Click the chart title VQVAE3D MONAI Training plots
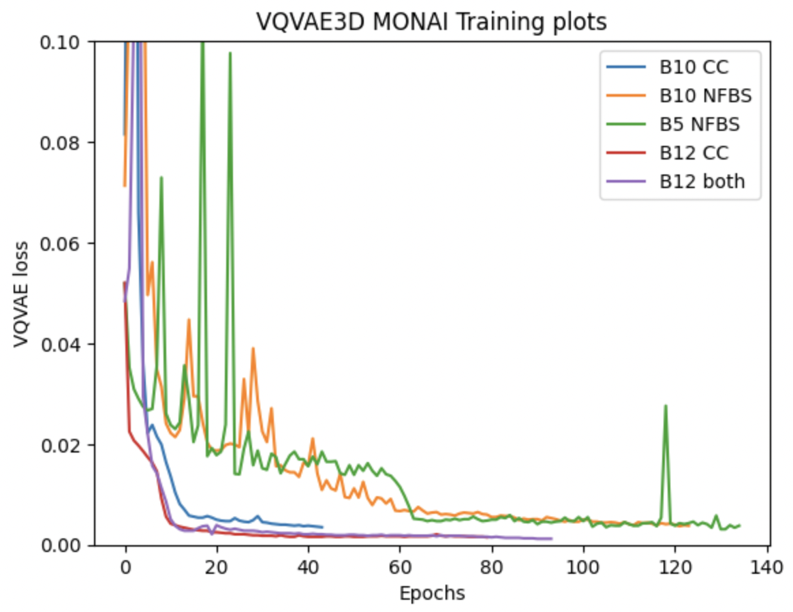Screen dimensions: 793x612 [x=431, y=22]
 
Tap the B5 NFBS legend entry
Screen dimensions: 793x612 [x=673, y=125]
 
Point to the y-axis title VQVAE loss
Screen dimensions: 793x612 [x=20, y=293]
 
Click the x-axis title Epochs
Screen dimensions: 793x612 [x=432, y=594]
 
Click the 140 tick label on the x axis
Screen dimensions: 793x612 [x=766, y=568]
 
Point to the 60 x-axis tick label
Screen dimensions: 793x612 [x=400, y=568]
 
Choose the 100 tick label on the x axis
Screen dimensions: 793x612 [x=583, y=568]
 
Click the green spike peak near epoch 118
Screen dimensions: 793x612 [x=666, y=405]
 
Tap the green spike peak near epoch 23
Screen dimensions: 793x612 [x=230, y=52]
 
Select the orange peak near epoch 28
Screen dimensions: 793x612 [x=253, y=348]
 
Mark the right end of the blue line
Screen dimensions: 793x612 [x=322, y=527]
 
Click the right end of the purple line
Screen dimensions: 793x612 [x=551, y=538]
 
